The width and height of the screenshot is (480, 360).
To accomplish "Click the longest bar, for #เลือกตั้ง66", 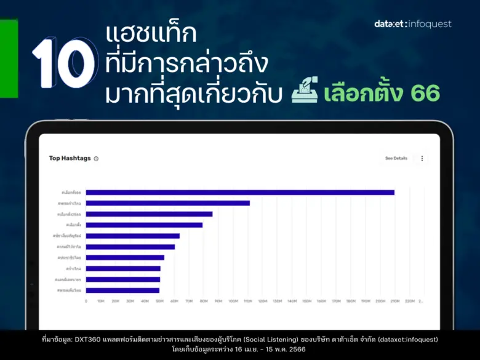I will click(x=240, y=193).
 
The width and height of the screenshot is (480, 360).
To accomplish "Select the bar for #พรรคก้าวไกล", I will click(x=167, y=203).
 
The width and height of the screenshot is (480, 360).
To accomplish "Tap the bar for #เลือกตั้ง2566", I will click(x=149, y=214).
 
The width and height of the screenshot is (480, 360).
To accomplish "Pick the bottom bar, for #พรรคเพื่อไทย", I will click(x=122, y=290).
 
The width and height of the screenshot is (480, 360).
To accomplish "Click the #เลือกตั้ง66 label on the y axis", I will click(x=71, y=193).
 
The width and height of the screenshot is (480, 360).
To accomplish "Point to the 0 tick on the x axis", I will click(x=86, y=302).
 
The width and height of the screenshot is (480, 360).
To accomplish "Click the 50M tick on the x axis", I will click(x=159, y=302).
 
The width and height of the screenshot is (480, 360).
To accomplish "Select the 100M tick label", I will click(x=233, y=302).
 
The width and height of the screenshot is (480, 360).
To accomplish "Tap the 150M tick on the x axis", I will click(x=306, y=302).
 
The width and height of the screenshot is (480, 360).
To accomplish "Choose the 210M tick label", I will click(x=394, y=302).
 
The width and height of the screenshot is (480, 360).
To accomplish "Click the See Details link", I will click(x=396, y=158).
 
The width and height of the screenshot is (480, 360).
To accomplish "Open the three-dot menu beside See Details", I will click(x=422, y=158).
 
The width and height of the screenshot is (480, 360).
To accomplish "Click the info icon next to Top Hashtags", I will click(x=96, y=159).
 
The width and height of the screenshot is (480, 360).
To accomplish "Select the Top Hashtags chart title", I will click(x=70, y=158).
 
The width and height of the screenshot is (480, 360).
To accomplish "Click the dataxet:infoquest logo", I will click(x=412, y=24).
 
